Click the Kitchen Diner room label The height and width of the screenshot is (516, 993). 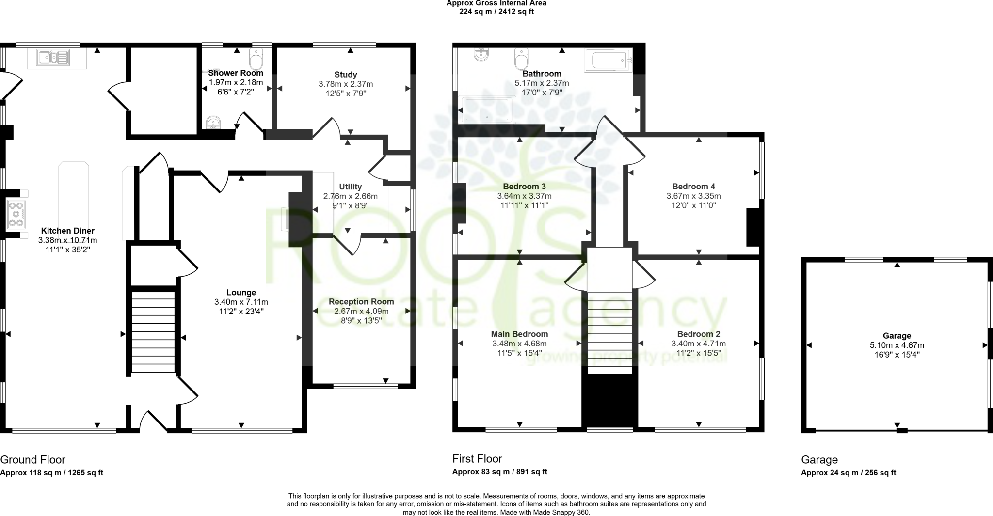tap(67, 231)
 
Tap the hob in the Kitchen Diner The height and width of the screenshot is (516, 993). tap(16, 214)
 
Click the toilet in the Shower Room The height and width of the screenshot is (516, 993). tap(256, 60)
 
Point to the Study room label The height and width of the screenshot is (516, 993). tap(346, 75)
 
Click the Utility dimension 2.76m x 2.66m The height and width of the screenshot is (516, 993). tap(350, 196)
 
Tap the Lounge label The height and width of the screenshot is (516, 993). tap(241, 292)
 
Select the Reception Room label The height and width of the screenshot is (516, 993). tap(361, 301)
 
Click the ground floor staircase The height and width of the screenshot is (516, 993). tap(153, 332)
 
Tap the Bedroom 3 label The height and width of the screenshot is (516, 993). tap(524, 187)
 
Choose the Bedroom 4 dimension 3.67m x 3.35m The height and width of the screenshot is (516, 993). tap(693, 196)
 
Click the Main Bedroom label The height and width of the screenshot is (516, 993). tap(519, 334)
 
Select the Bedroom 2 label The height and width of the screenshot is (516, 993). tap(698, 334)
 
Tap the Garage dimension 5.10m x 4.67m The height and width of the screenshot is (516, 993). tap(897, 345)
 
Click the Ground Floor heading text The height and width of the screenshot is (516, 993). tap(32, 459)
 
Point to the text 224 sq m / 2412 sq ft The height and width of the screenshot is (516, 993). tap(496, 12)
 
